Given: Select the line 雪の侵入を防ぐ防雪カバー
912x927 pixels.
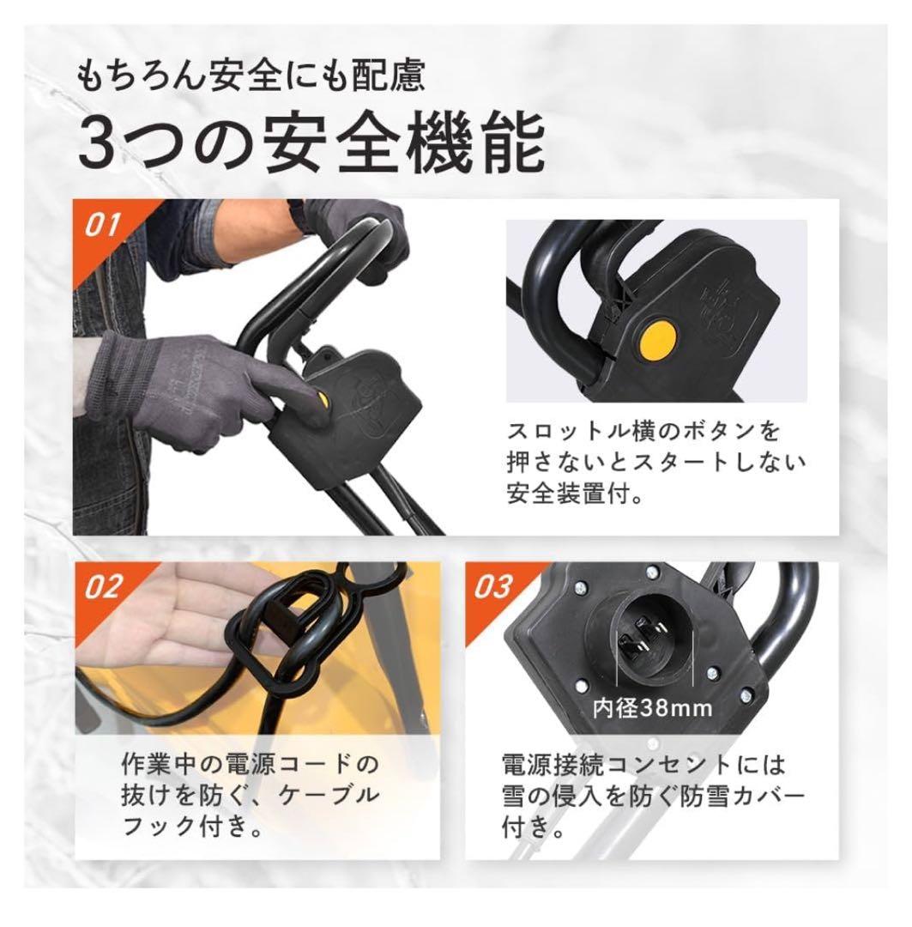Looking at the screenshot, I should (x=654, y=797).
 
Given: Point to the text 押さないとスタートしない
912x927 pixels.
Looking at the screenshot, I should (x=656, y=464).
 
